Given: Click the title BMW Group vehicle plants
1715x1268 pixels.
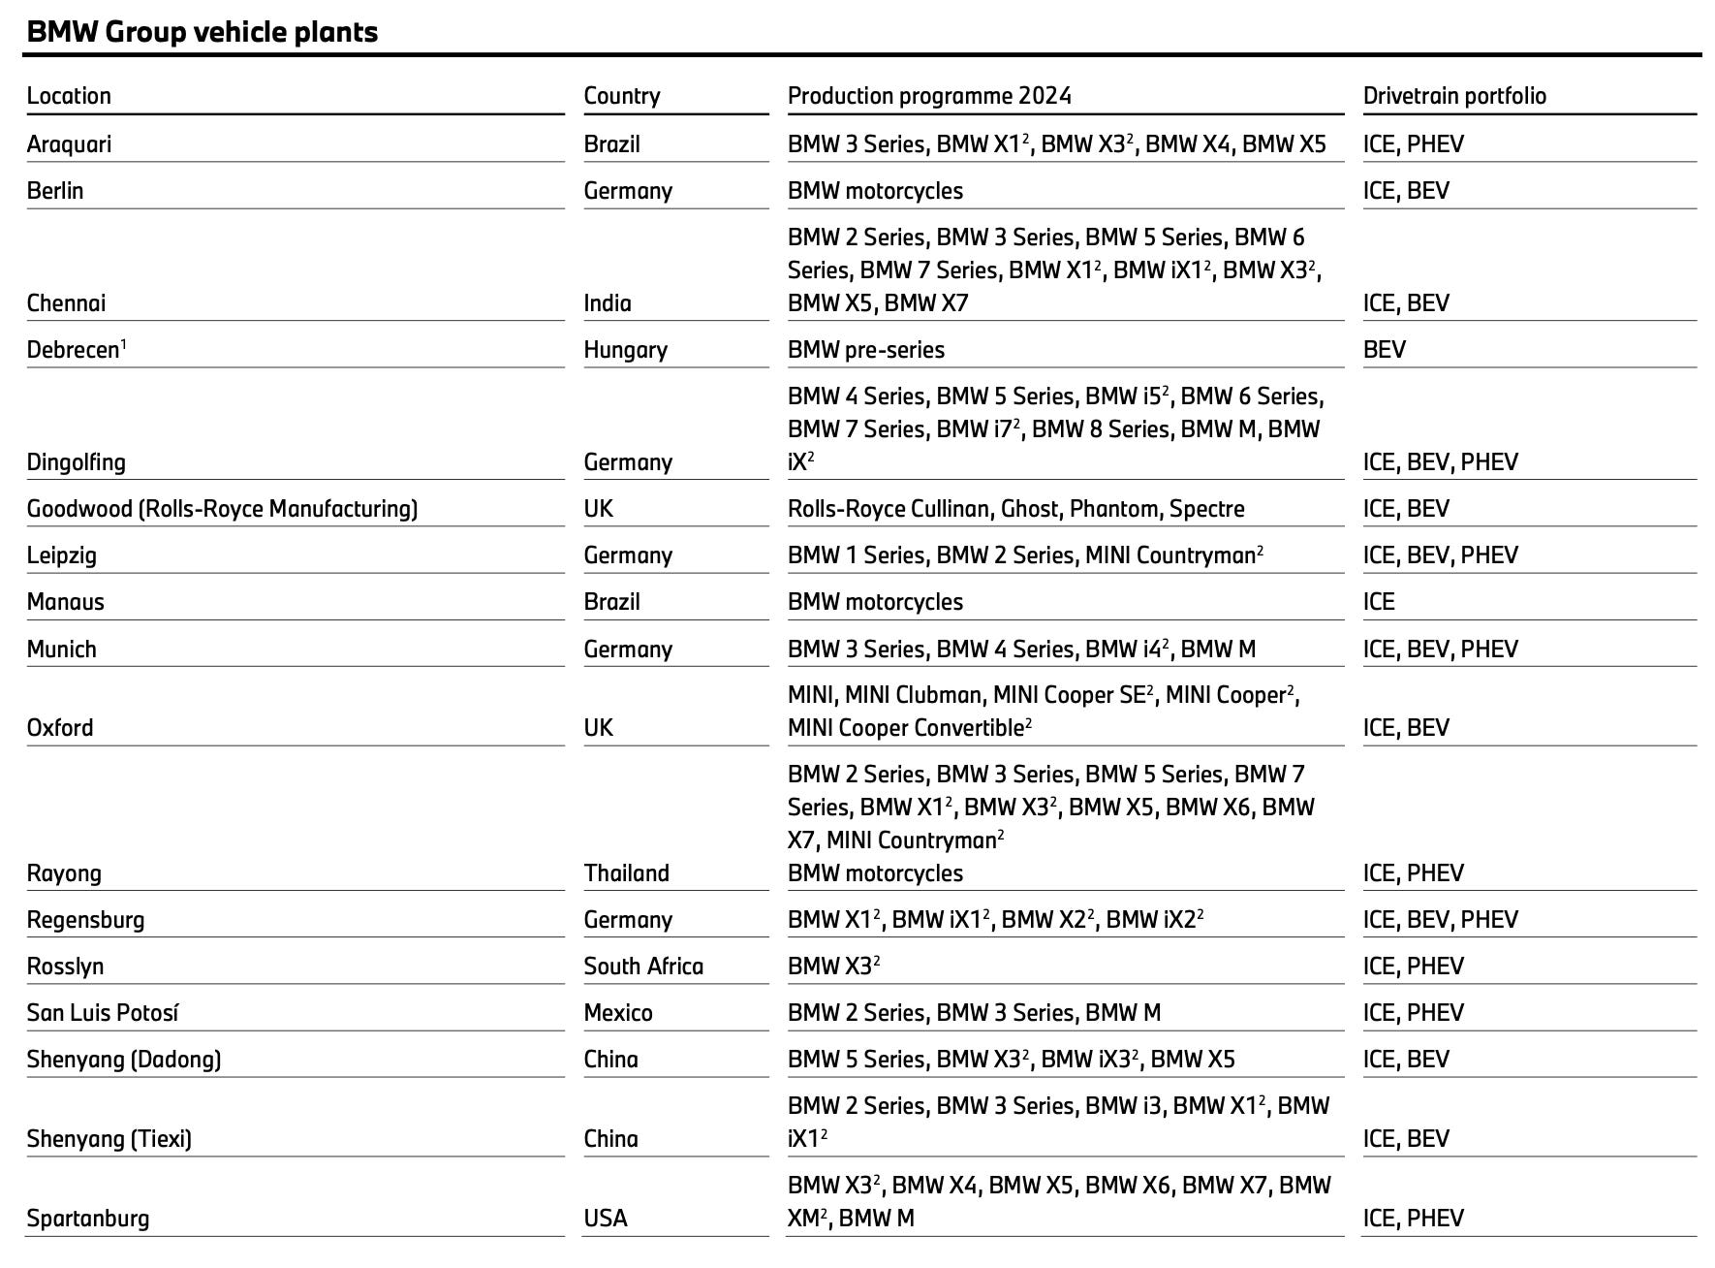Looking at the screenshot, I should (202, 32).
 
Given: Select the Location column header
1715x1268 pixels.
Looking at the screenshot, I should (69, 96).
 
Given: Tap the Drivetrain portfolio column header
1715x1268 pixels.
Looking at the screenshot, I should (1454, 96).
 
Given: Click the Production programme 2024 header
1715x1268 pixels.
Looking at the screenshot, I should (929, 96).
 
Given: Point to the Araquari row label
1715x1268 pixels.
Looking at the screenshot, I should (69, 144).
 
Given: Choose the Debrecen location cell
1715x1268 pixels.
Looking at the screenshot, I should (76, 350).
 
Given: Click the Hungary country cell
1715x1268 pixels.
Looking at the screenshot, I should (625, 350).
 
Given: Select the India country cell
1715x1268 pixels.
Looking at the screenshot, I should (608, 303).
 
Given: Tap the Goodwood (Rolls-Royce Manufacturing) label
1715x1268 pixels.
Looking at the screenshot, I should (222, 509).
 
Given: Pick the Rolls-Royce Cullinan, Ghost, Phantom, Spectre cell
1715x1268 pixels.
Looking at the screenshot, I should (1015, 509).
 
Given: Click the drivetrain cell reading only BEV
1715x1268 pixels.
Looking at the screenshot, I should (1384, 350).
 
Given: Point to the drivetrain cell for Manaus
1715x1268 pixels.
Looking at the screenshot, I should (1379, 602).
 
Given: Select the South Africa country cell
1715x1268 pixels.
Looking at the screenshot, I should (643, 967).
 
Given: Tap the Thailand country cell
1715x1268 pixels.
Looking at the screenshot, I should (626, 873).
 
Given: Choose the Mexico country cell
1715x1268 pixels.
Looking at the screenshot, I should (618, 1013).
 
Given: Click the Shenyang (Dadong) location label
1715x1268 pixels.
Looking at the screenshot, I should (124, 1060).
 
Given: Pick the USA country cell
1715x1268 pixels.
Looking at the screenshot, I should (606, 1219).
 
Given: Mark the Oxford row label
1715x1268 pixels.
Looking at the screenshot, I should (60, 728).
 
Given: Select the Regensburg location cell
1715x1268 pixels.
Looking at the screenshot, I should (85, 920).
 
